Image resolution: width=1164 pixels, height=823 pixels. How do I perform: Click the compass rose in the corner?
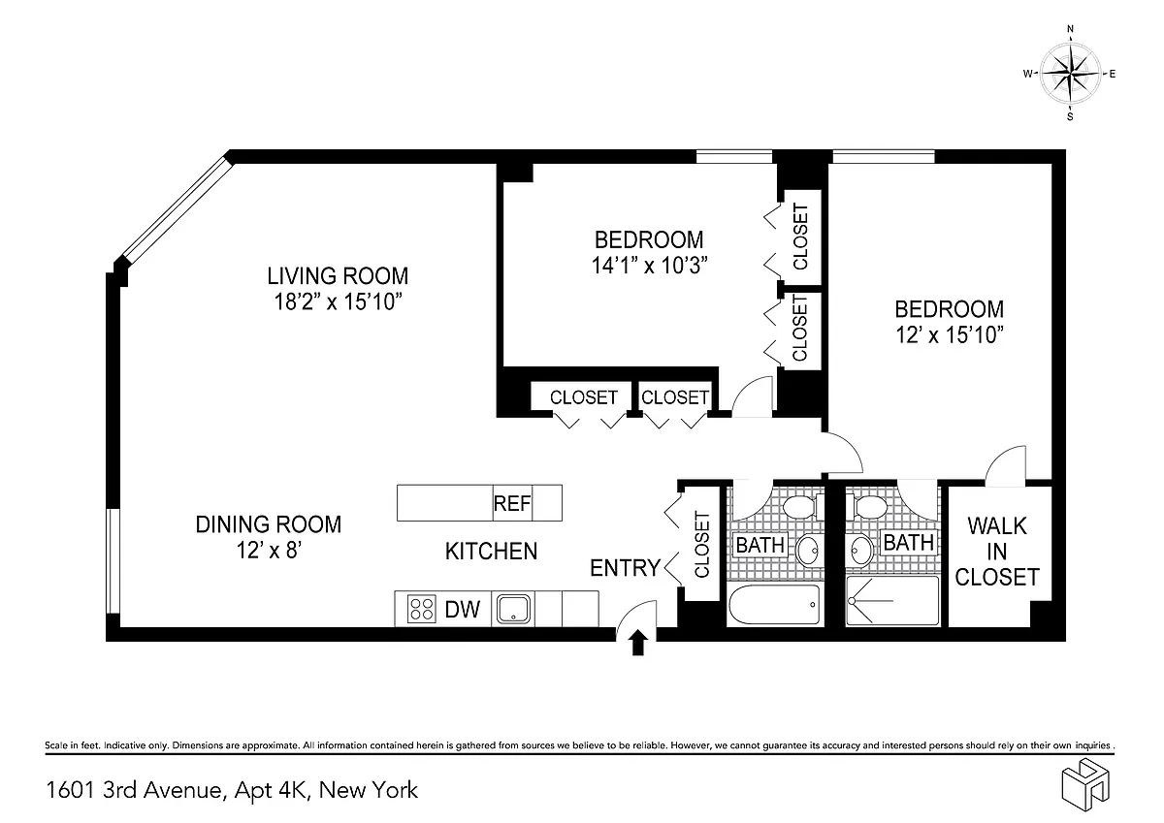(x=1070, y=74)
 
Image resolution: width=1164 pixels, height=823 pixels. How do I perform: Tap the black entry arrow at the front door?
(x=638, y=643)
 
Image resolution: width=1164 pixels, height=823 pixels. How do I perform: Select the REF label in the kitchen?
(x=512, y=503)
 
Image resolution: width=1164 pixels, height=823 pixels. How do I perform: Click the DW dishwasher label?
(x=462, y=609)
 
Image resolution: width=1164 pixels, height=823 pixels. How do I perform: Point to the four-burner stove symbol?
(x=421, y=609)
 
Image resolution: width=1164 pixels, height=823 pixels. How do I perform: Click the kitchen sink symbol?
(x=513, y=609)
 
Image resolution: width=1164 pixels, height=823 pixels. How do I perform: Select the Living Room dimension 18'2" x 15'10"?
(x=339, y=301)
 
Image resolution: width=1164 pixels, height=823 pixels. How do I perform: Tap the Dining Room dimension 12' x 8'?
(x=270, y=550)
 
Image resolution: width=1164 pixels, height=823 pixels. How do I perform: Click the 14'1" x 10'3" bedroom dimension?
(x=650, y=266)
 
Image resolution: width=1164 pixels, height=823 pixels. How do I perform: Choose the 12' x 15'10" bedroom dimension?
(x=949, y=334)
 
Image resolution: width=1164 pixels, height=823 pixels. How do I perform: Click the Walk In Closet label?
(x=997, y=552)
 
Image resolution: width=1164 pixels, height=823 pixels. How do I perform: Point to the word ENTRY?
(x=625, y=568)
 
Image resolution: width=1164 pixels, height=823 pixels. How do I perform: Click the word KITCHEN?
(x=491, y=551)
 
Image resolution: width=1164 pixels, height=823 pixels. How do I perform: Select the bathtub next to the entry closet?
(x=774, y=604)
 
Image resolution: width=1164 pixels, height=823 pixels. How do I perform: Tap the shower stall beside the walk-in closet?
(x=892, y=601)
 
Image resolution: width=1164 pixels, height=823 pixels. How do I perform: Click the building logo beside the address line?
(x=1085, y=784)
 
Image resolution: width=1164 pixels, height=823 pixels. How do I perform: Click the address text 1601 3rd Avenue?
(x=135, y=790)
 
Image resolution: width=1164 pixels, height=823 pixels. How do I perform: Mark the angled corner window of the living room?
(x=177, y=209)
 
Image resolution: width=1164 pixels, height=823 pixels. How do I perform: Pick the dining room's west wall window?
(x=113, y=560)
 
